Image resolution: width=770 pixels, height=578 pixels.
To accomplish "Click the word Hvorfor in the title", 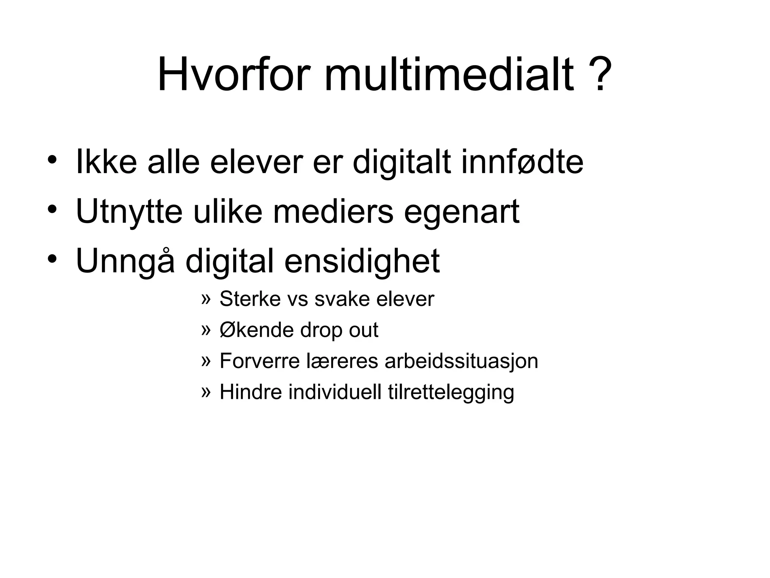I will coord(234,75).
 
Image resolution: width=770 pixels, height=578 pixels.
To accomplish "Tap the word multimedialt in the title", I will coord(449,75).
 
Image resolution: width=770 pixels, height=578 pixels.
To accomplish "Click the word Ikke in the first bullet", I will coord(106,163).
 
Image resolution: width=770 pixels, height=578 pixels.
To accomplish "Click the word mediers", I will coord(333,212).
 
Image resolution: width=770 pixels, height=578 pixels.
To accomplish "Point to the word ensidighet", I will coord(362,262).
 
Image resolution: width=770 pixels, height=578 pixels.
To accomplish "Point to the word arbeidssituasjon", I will coord(461,361).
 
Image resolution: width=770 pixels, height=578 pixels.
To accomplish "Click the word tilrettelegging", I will coord(451,393).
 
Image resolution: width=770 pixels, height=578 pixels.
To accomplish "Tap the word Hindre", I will coord(250,392).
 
